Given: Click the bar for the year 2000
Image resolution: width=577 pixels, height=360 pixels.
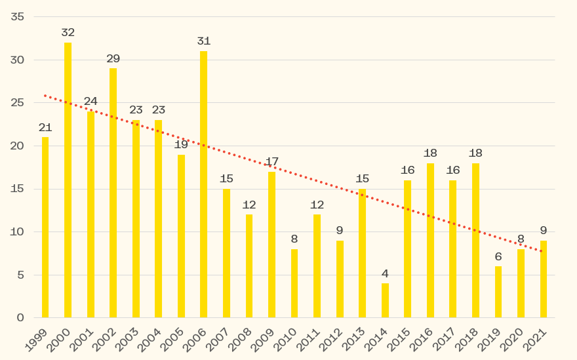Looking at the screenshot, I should pyautogui.click(x=68, y=180).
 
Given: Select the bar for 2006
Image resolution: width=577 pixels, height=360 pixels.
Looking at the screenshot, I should pyautogui.click(x=203, y=184).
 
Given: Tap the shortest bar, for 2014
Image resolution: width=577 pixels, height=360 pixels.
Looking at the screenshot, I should pyautogui.click(x=385, y=300).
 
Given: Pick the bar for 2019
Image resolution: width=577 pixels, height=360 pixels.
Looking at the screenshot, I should pyautogui.click(x=498, y=292).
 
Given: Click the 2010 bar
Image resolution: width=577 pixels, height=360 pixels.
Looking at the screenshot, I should pyautogui.click(x=294, y=283).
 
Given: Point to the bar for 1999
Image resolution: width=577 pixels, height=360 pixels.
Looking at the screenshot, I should pyautogui.click(x=45, y=228).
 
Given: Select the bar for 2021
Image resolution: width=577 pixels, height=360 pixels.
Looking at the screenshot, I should pyautogui.click(x=544, y=279).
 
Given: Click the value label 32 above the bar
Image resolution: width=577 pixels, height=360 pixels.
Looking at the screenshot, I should pyautogui.click(x=68, y=32).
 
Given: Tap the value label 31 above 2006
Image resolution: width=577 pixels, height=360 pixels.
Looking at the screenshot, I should pyautogui.click(x=203, y=41).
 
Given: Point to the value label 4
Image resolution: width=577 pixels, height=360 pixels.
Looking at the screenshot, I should pyautogui.click(x=385, y=273).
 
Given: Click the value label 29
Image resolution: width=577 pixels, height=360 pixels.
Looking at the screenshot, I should pyautogui.click(x=113, y=58).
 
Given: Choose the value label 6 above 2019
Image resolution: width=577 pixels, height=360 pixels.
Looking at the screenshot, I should pyautogui.click(x=498, y=256).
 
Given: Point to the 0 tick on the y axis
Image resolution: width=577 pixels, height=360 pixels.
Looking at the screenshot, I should pyautogui.click(x=20, y=318).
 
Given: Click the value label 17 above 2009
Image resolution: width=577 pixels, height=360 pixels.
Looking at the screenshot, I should pyautogui.click(x=271, y=161).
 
